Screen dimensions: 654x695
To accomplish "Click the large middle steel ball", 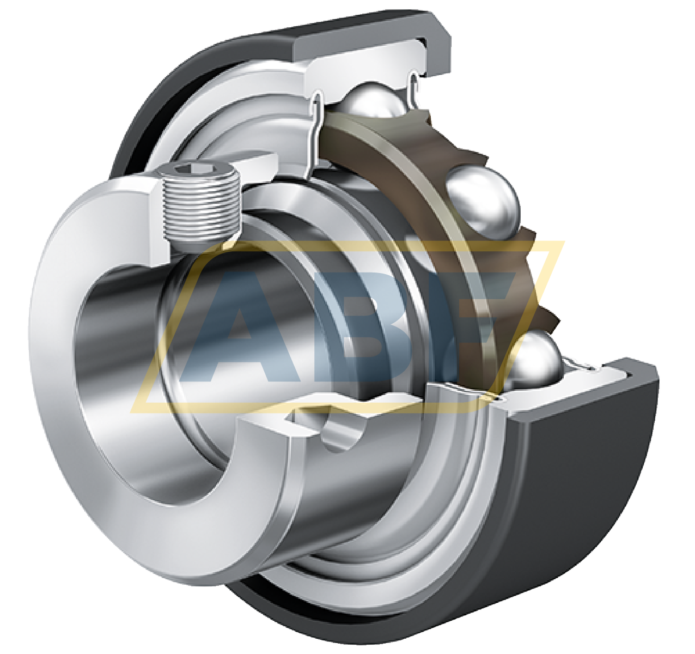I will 481,199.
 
